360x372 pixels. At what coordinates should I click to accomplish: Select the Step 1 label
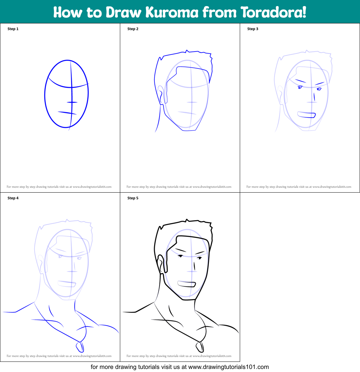pos(13,29)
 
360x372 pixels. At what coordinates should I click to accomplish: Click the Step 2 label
pos(133,29)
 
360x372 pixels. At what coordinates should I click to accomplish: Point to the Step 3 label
pos(253,29)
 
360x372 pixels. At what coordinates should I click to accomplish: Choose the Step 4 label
pos(13,198)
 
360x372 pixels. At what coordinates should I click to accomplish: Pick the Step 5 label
pos(133,198)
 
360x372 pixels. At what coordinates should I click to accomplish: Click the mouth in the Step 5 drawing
pos(187,283)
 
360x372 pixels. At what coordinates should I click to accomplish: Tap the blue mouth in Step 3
pos(306,115)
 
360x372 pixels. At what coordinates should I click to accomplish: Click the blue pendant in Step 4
pos(80,347)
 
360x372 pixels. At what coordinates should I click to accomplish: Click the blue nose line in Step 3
pos(314,96)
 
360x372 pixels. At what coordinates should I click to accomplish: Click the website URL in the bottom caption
pos(228,367)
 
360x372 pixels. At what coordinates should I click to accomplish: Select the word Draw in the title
pos(123,12)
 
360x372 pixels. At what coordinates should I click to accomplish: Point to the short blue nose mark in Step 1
pos(72,102)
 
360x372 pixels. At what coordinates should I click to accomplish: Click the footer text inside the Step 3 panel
pos(299,187)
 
